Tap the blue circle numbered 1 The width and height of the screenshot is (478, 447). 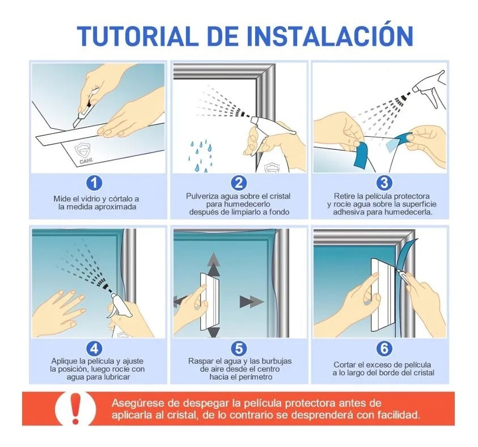click(94, 183)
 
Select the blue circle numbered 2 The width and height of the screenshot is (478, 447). click(239, 183)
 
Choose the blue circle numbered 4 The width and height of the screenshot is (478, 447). click(94, 347)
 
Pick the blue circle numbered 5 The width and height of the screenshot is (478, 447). click(239, 347)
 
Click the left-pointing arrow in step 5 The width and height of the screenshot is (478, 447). click(181, 300)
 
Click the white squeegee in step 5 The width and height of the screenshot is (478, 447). click(209, 301)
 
